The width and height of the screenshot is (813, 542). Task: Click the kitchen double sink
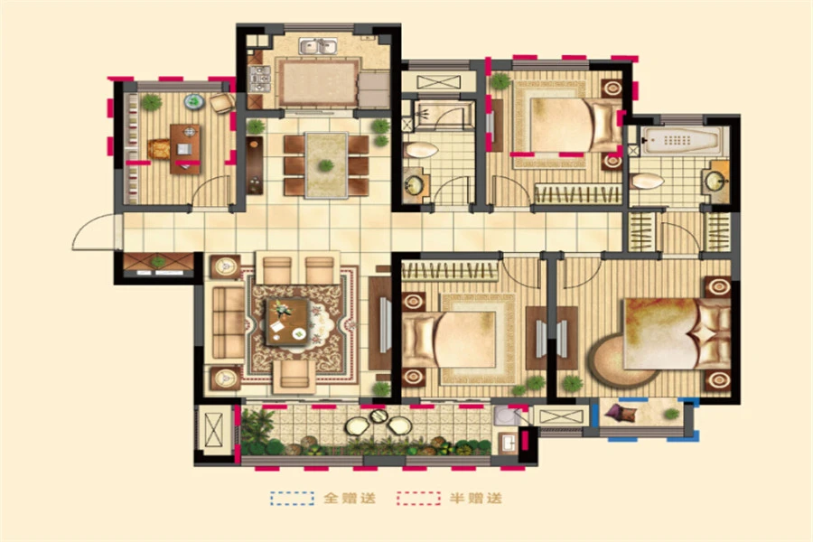[x=318, y=46]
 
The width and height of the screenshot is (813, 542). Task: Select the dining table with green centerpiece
[x=326, y=165]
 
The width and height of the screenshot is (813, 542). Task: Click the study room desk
[x=185, y=149]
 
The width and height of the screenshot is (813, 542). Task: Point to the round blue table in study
[x=193, y=102]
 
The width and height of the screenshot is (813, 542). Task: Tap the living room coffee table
[x=287, y=322]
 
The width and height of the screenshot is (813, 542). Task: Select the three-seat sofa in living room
[x=228, y=322]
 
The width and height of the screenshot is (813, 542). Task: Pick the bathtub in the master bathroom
[x=681, y=140]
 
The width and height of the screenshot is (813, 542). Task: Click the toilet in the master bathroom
[x=647, y=181]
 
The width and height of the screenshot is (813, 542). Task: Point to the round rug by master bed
[x=617, y=361]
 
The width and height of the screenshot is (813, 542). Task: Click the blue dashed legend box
[x=292, y=498]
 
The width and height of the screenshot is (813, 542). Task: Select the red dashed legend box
[x=418, y=498]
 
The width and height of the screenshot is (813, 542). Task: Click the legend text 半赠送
[x=476, y=499]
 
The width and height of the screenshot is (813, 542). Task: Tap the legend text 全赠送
[x=350, y=499]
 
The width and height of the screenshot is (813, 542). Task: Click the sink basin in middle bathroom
[x=415, y=184]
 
